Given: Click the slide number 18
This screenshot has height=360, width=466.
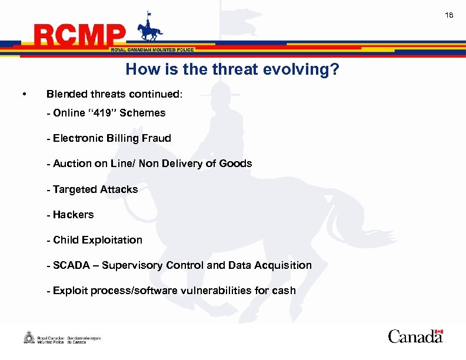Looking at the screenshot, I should click(x=449, y=15).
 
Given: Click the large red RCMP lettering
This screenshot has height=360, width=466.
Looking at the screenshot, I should click(x=80, y=36).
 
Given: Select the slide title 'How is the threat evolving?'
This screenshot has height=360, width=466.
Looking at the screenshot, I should click(x=232, y=70).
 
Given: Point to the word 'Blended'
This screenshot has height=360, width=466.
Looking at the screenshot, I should click(x=66, y=94).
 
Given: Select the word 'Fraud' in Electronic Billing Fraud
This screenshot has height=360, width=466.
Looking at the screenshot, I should click(x=156, y=138).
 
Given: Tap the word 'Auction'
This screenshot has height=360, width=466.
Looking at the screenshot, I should click(x=72, y=164).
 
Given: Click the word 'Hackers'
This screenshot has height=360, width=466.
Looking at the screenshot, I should click(x=73, y=215).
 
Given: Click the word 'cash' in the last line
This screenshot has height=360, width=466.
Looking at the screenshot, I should click(x=284, y=291).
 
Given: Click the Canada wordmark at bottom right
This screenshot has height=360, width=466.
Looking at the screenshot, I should click(x=415, y=336).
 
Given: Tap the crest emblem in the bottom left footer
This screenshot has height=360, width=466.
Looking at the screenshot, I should click(x=28, y=338).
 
